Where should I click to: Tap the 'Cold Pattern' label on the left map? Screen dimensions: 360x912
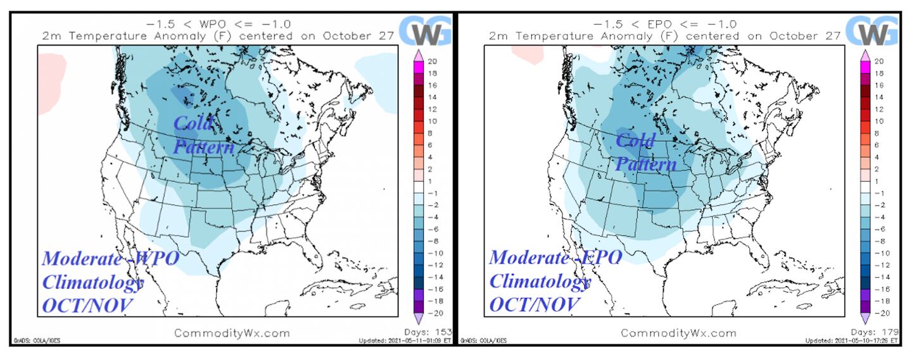(x=203, y=135)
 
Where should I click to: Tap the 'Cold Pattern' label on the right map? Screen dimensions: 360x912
(x=645, y=152)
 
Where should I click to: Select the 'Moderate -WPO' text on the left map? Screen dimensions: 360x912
(x=111, y=258)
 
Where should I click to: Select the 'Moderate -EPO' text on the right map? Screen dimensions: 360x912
(x=555, y=258)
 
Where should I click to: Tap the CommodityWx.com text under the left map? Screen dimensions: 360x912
(x=232, y=333)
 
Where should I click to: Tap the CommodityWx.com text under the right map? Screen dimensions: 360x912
(x=678, y=333)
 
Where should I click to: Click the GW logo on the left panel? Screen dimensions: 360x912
(x=426, y=31)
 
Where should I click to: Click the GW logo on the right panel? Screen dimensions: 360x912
(x=873, y=31)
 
